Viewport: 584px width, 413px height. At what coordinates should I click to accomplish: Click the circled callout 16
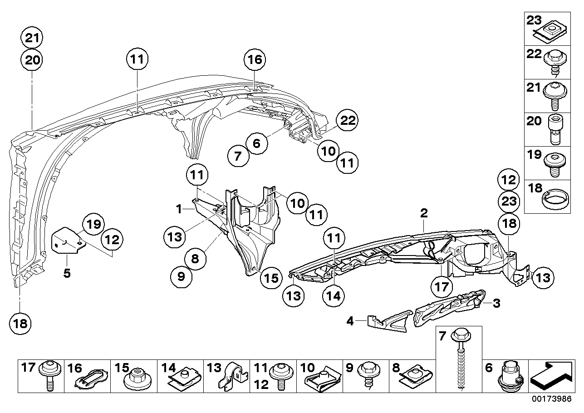(x=255, y=59)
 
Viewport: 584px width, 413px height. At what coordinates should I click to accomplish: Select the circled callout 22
(x=347, y=121)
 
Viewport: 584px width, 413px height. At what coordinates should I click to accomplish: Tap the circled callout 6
(x=256, y=144)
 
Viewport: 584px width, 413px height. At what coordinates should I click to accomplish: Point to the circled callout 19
(x=93, y=224)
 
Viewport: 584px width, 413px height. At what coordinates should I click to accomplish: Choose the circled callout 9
(x=182, y=276)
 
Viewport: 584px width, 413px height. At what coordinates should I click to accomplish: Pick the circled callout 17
(x=442, y=287)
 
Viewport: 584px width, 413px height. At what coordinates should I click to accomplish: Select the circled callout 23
(x=508, y=201)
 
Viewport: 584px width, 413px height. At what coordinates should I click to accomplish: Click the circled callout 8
(x=195, y=259)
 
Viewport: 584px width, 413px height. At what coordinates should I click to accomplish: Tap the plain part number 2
(x=424, y=212)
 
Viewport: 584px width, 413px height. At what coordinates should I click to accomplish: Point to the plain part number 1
(x=180, y=209)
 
